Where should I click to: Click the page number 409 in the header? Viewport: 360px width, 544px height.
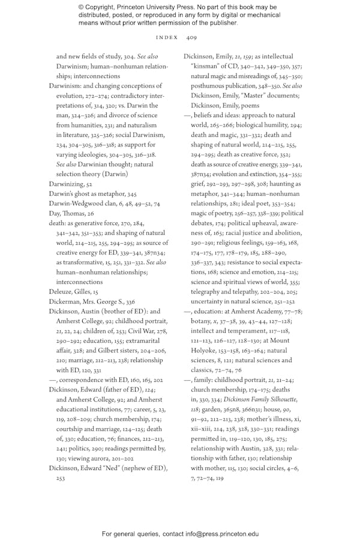[x=191, y=37]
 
